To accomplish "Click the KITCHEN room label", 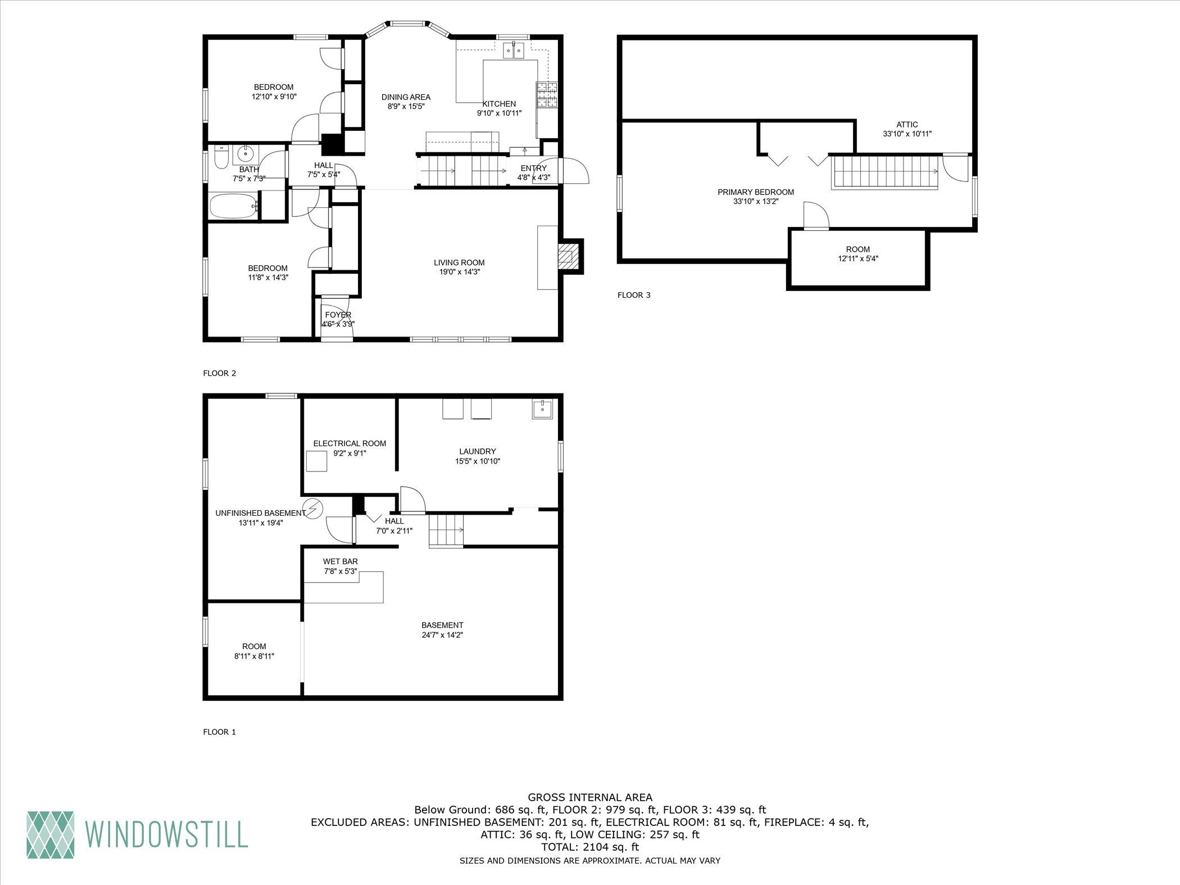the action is [x=499, y=104].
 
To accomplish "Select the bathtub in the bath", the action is [x=234, y=206].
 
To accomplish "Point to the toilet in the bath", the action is [x=221, y=158].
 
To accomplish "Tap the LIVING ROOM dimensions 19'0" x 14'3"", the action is [x=459, y=272].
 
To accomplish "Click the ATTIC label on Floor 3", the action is [x=907, y=125].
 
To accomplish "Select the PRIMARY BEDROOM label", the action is [x=756, y=192].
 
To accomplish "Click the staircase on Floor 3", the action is [x=886, y=172].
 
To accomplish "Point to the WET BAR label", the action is [x=340, y=561].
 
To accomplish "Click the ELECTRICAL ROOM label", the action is [x=350, y=443].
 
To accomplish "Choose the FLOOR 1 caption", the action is [x=219, y=732].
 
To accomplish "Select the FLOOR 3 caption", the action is [x=634, y=294].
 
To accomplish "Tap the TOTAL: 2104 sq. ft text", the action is [x=590, y=847].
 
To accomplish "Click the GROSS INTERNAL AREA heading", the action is [x=590, y=797].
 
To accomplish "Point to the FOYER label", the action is [x=338, y=315].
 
